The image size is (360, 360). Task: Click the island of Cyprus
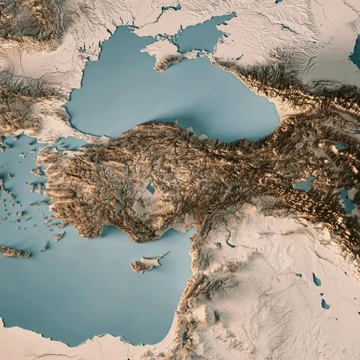146,264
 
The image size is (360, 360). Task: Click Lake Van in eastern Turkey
305,184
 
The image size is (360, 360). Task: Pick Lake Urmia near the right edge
347,200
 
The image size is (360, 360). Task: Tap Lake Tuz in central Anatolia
150,189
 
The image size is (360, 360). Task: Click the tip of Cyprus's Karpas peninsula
167,253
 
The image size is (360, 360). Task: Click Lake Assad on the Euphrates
230,244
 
